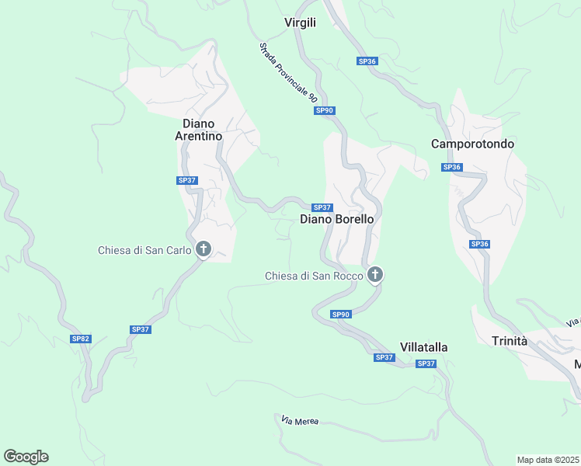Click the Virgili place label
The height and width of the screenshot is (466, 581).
coord(300,23)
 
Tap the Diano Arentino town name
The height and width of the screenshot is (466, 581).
coord(202,130)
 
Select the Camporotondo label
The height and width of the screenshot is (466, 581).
coord(472,144)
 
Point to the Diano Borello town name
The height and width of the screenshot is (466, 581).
coord(336,220)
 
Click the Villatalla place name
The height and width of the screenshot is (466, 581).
coord(423,346)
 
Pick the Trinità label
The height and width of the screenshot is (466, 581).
coord(510,341)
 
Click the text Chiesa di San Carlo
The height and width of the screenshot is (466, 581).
coord(144,250)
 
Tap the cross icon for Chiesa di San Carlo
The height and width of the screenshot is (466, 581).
coord(204,249)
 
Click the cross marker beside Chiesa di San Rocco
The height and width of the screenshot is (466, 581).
coord(375,273)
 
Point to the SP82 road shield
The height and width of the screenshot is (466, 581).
coord(81,339)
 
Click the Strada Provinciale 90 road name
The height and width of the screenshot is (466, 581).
coord(288,73)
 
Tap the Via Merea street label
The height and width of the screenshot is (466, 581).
coord(300,421)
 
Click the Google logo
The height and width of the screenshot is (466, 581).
coord(26,457)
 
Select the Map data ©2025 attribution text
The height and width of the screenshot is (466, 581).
coord(548,459)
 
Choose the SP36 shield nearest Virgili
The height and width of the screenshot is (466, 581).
coord(367,61)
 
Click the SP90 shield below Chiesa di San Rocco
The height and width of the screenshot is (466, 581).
coord(341,315)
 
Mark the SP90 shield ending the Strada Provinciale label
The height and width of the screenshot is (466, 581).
coord(325,111)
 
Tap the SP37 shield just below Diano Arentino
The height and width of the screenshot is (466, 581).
coord(187,180)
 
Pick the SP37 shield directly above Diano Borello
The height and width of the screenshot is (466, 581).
coord(322,207)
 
